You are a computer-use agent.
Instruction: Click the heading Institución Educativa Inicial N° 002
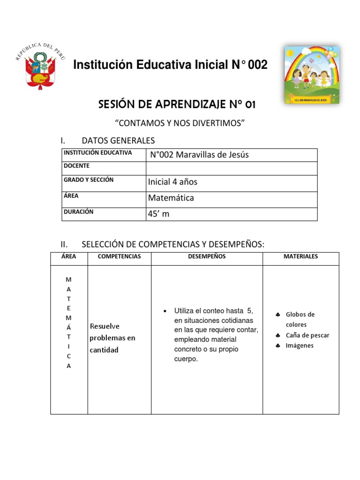(170, 65)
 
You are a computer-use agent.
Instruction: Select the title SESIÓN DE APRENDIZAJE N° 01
(177, 105)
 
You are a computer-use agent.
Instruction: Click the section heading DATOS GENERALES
(118, 141)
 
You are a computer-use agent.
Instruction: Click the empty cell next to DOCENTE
(232, 168)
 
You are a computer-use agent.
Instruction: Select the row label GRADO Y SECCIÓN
(89, 180)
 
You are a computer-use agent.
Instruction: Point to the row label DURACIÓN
(79, 212)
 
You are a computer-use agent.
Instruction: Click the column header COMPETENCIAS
(119, 256)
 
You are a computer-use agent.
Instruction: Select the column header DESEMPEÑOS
(207, 256)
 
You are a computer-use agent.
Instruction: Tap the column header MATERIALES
(300, 256)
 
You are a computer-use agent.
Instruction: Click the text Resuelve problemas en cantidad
(112, 337)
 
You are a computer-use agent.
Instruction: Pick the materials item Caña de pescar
(307, 335)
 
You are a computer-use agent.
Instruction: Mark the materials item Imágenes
(300, 345)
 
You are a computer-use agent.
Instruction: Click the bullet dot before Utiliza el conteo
(164, 311)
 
